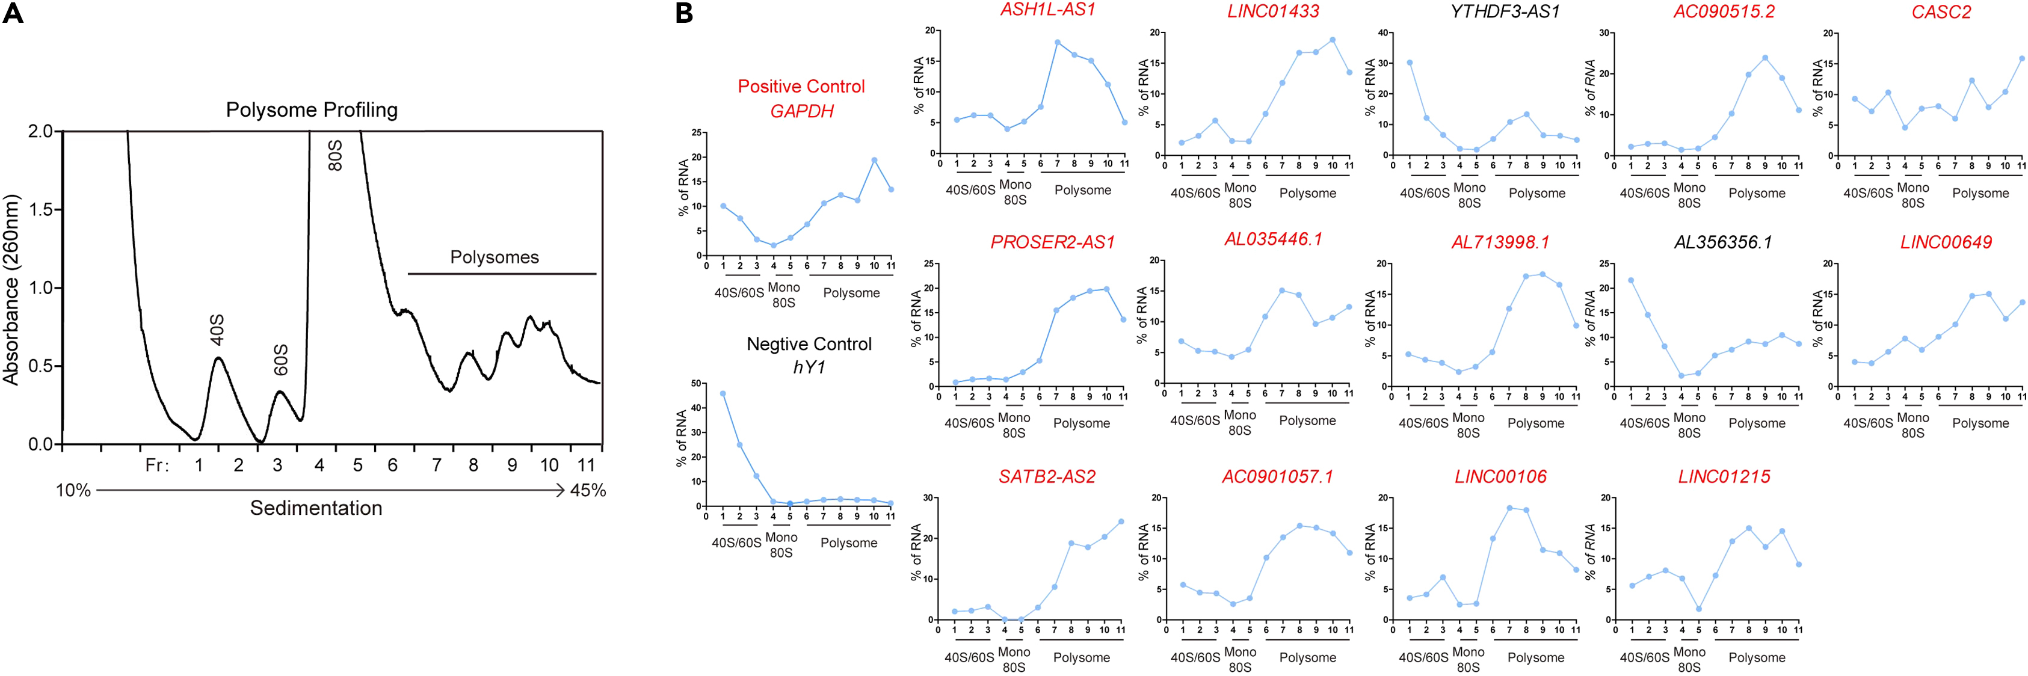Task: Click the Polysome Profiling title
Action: click(x=312, y=109)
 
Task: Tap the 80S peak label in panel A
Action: click(x=335, y=155)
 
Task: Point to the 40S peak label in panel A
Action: click(x=217, y=329)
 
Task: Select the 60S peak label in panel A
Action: click(x=281, y=359)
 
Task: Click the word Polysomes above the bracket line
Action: click(x=495, y=257)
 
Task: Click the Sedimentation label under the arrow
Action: click(x=316, y=508)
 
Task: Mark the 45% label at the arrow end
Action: click(x=587, y=490)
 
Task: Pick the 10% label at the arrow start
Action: click(x=73, y=490)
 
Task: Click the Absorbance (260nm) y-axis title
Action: click(x=11, y=290)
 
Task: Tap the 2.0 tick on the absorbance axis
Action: click(x=39, y=132)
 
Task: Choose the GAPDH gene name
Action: click(x=801, y=111)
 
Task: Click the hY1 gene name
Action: click(x=809, y=367)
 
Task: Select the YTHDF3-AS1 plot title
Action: click(x=1505, y=11)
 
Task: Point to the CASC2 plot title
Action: click(x=1941, y=12)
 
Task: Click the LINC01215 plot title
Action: click(x=1724, y=476)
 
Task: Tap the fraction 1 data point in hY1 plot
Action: click(x=723, y=393)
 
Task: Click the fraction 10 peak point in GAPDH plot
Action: click(x=874, y=161)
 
